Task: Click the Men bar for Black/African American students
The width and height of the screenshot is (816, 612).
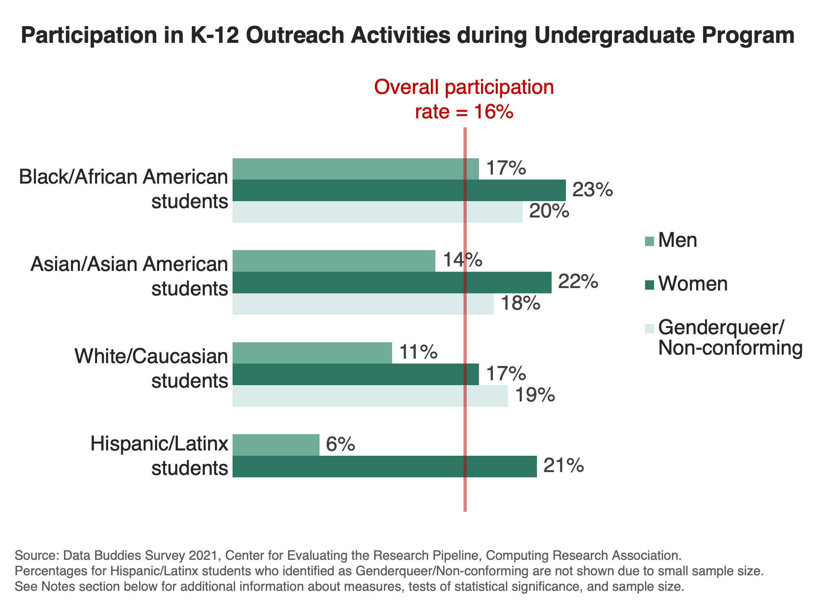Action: click(x=355, y=169)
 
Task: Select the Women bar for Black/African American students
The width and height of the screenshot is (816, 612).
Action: click(x=399, y=190)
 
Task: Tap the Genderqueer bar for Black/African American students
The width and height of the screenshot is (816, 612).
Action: click(x=377, y=212)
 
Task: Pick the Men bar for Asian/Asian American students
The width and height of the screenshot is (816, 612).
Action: click(x=334, y=261)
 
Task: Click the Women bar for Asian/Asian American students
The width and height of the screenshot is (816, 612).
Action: click(x=392, y=282)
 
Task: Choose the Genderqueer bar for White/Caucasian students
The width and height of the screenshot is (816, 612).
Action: click(x=370, y=396)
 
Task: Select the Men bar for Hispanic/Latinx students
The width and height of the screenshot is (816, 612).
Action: click(x=276, y=445)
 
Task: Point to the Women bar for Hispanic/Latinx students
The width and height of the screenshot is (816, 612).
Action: click(x=385, y=466)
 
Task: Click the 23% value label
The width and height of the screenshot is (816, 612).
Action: click(x=593, y=190)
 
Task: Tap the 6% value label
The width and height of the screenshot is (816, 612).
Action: click(x=341, y=444)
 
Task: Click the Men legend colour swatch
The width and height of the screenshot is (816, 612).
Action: click(x=650, y=241)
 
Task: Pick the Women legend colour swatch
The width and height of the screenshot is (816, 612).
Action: click(x=650, y=285)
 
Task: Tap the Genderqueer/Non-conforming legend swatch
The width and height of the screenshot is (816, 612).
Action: click(x=650, y=328)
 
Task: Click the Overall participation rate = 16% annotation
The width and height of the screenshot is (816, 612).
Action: click(x=464, y=100)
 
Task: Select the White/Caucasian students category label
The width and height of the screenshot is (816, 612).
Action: click(x=151, y=368)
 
